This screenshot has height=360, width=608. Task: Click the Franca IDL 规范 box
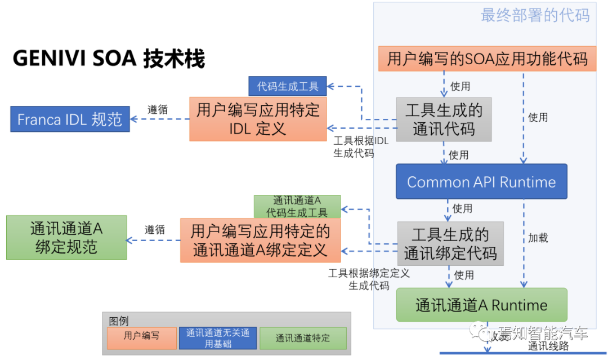[70, 119]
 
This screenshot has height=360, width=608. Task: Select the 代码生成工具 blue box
[288, 86]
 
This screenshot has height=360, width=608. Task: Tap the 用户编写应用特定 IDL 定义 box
[258, 119]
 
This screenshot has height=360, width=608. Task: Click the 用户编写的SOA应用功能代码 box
[487, 59]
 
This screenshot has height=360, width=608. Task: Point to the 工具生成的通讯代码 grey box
[444, 119]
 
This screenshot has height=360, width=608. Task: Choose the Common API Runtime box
[481, 182]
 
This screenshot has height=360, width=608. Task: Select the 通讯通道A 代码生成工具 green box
[297, 206]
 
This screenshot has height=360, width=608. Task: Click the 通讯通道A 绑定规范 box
[66, 237]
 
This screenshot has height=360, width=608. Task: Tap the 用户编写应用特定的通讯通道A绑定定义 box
[260, 241]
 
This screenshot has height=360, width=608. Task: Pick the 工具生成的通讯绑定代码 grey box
[450, 243]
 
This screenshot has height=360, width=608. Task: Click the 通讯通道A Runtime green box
[481, 305]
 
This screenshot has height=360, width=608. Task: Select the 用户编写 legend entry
[142, 336]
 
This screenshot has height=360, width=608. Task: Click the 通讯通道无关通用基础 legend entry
[218, 337]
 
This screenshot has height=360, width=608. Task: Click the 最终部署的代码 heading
[535, 15]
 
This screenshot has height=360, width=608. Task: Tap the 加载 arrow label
[538, 238]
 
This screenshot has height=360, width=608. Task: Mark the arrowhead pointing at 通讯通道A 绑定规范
[130, 241]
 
